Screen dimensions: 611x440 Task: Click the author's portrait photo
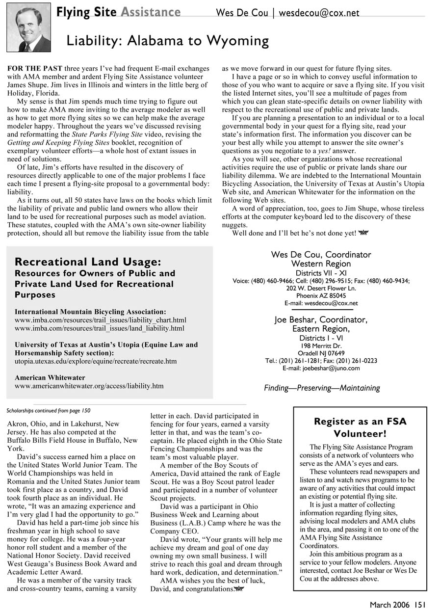tap(28, 27)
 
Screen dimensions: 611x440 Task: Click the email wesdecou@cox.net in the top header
tap(319, 13)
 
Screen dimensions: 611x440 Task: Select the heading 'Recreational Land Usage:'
tap(88, 262)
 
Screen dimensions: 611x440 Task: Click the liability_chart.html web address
tap(101, 320)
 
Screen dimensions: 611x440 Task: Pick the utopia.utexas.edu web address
tap(96, 361)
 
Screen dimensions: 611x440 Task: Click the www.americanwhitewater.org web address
tap(89, 386)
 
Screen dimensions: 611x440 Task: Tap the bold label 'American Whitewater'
tap(50, 378)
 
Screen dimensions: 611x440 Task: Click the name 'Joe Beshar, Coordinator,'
tap(321, 320)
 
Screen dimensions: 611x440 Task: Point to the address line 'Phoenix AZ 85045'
tap(321, 296)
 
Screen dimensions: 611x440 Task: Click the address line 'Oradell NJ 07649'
tap(321, 353)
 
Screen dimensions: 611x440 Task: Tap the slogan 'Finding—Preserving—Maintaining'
tap(322, 388)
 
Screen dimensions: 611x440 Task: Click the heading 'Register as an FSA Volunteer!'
tap(360, 427)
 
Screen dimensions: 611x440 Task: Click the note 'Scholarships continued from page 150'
tap(49, 410)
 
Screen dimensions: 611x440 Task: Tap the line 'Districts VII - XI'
tap(321, 273)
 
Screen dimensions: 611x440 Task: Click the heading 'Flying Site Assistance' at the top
tap(118, 12)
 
